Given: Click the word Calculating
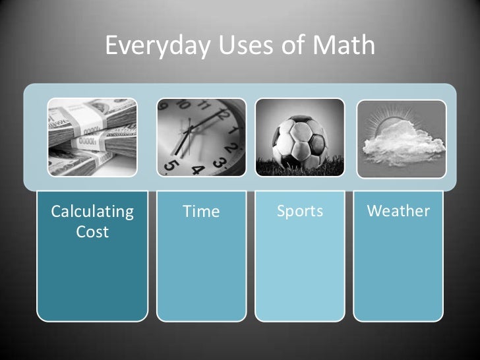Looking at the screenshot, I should [92, 212].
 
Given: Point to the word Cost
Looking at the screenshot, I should [92, 232].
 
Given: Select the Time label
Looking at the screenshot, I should [201, 212].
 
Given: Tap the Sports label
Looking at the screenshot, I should [300, 212].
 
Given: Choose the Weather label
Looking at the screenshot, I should [398, 212].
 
